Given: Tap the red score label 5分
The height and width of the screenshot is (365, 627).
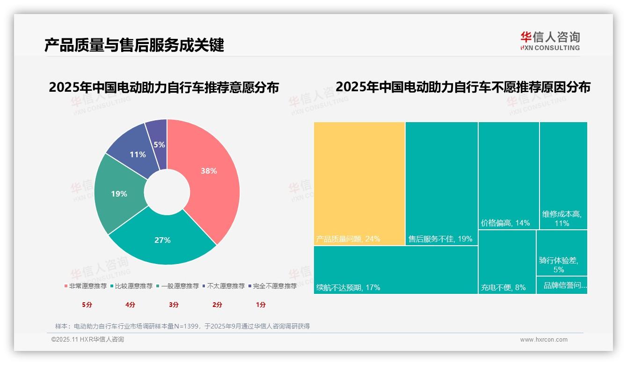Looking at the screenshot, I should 87,305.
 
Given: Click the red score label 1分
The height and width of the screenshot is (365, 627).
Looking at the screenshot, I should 261,305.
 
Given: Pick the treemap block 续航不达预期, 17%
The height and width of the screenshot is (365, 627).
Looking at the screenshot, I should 395,270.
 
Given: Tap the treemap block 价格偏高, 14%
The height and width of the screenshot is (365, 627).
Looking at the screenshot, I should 508,175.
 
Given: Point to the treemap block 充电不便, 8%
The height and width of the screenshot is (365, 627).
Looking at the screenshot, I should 507,262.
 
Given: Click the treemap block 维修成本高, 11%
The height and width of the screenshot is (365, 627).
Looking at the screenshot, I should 563,175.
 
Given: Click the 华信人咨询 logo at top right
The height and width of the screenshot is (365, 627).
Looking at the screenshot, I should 550,41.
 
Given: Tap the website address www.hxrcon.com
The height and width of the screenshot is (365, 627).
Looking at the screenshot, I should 544,340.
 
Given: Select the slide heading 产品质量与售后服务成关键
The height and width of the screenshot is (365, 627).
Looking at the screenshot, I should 134,45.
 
